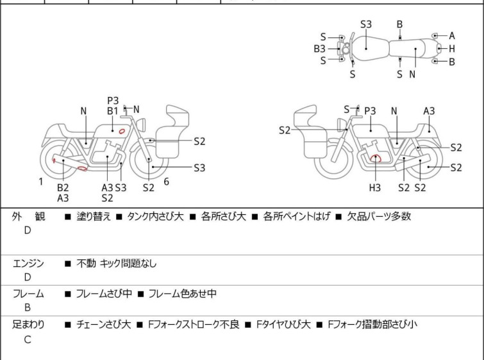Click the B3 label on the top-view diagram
point(320,48)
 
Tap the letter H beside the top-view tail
point(452,48)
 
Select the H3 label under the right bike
point(374,187)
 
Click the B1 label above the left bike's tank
point(113,110)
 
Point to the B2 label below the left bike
point(63,187)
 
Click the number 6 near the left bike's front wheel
point(166,182)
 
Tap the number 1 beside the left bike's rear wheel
point(41,182)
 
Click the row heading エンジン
point(29,263)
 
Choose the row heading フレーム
point(29,294)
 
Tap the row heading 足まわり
point(29,325)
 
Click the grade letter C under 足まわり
point(28,340)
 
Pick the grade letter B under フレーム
point(28,308)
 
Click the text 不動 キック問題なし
point(116,263)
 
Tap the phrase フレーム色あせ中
point(182,294)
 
